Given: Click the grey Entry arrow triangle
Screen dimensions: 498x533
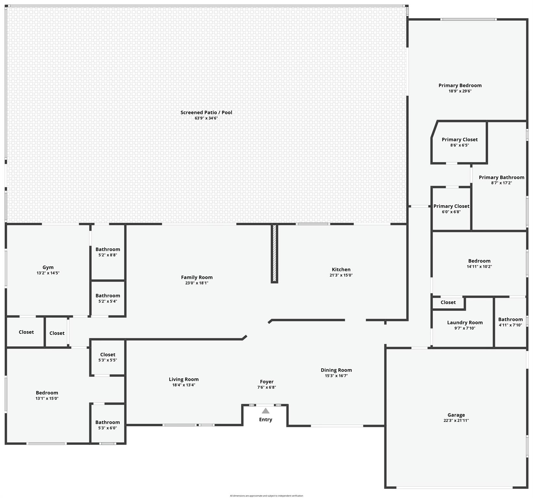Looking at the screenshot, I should (x=266, y=411).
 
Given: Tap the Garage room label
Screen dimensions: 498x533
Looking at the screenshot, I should (x=456, y=415).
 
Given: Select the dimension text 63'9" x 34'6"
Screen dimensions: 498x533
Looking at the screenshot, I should (x=206, y=118).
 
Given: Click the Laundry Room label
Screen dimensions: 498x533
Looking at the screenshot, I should (x=465, y=323).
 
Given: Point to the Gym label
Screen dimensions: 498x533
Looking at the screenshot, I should (x=48, y=267).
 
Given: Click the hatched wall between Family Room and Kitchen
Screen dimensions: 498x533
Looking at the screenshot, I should (x=274, y=253).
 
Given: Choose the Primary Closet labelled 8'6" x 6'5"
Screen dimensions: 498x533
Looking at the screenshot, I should (x=459, y=140).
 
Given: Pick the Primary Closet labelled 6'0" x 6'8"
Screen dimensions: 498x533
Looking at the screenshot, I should (x=451, y=206).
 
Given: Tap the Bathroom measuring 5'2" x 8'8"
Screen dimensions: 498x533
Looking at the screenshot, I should (x=108, y=249).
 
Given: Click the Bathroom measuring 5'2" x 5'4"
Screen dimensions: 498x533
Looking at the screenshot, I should (x=108, y=296).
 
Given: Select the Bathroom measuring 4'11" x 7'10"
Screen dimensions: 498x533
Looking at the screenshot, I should (x=510, y=320).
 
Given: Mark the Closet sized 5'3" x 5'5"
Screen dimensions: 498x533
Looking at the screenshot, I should (x=108, y=355).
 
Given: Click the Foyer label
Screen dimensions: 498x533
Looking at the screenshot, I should (x=266, y=382).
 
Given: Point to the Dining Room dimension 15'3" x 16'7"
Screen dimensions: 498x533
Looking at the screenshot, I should (x=336, y=376).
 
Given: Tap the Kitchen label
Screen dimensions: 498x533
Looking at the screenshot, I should (x=341, y=269).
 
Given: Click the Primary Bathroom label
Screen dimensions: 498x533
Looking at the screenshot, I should (x=501, y=177).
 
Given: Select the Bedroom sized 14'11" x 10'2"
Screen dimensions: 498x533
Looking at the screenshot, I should (x=479, y=261).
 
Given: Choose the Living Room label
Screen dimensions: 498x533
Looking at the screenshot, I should (x=184, y=379).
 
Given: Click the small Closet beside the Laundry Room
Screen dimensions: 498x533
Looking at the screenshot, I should (x=448, y=302).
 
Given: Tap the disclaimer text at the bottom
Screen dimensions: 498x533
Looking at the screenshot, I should (x=266, y=496).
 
